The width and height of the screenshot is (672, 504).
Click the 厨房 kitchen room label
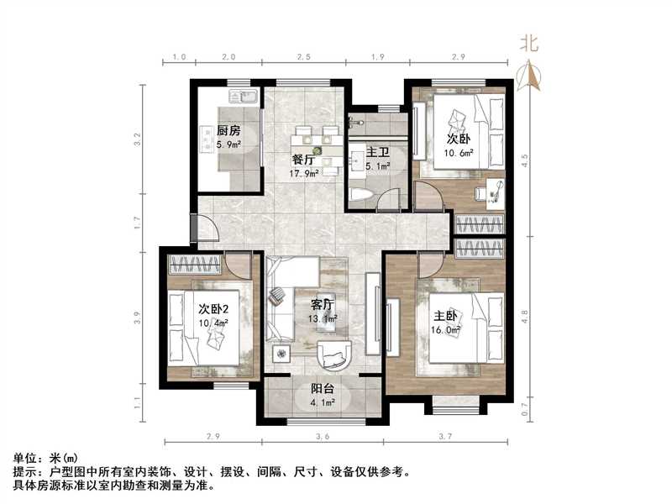pyautogui.click(x=228, y=131)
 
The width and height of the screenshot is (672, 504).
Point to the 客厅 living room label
pyautogui.click(x=323, y=305)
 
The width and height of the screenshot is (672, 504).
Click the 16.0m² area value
pyautogui.click(x=445, y=331)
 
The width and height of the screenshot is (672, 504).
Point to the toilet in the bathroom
pyautogui.click(x=360, y=195)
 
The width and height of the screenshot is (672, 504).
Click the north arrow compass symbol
pyautogui.click(x=530, y=76)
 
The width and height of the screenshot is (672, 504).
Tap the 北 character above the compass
pyautogui.click(x=529, y=42)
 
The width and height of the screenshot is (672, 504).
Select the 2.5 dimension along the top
pyautogui.click(x=303, y=56)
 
